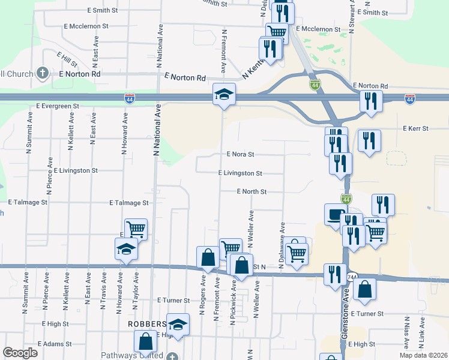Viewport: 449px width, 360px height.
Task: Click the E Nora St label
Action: pos(240,154)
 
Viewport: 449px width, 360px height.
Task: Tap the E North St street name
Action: pos(251,191)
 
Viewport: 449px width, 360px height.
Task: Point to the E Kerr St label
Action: pos(415,128)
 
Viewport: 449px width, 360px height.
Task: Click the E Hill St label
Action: pos(67,59)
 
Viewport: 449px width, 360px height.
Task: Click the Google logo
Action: pos(20,353)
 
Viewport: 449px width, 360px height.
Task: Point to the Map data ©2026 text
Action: pos(424,355)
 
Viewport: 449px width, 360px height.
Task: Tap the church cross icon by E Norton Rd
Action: pos(42,73)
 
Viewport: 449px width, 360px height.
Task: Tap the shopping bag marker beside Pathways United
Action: pos(146,342)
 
